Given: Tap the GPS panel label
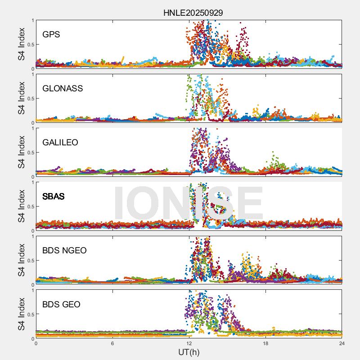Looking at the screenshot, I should (51, 34).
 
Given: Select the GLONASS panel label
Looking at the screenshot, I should (63, 88).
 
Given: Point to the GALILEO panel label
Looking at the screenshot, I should (60, 142).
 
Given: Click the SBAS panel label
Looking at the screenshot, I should (54, 196).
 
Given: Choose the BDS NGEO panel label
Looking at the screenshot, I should (64, 250).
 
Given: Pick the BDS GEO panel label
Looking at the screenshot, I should (61, 304).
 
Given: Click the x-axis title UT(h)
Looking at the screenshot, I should (189, 351).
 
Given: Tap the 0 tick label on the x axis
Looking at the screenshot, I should (36, 343).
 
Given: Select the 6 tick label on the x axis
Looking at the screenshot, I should (112, 343).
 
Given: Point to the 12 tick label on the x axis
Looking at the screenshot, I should (189, 343).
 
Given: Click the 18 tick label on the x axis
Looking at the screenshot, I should (265, 343).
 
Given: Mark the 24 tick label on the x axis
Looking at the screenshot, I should (342, 343).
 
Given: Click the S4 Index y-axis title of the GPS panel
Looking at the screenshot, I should (21, 44).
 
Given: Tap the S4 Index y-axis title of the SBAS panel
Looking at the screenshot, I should (21, 206).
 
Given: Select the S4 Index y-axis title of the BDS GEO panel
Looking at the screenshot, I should (21, 314).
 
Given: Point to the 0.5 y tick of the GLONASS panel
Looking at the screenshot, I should (30, 99).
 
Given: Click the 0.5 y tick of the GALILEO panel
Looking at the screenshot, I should (30, 153).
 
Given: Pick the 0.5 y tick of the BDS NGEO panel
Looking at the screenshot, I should (30, 261).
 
